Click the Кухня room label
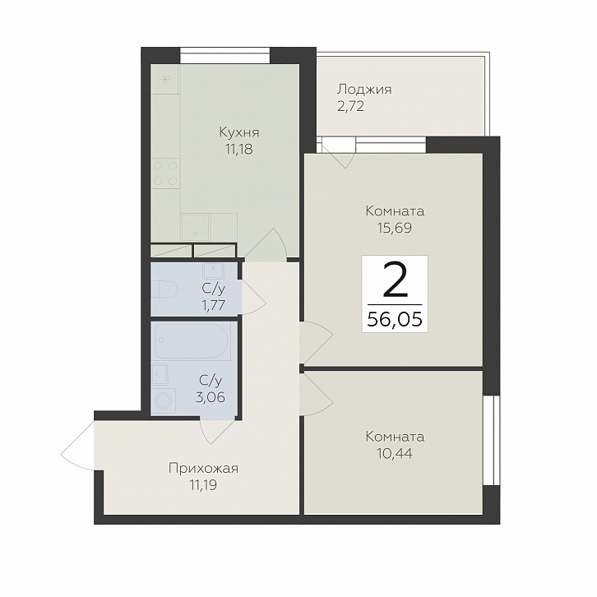click(x=239, y=132)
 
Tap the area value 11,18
click(x=238, y=150)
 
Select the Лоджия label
click(x=364, y=90)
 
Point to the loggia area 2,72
click(x=350, y=106)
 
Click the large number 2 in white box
click(x=395, y=280)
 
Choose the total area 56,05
click(x=395, y=319)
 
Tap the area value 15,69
click(x=395, y=228)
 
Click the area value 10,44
click(x=395, y=453)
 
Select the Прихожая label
click(x=203, y=469)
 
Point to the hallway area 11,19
click(x=203, y=485)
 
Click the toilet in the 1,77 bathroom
click(x=164, y=289)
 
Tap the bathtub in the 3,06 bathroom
click(x=192, y=341)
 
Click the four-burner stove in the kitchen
click(x=165, y=174)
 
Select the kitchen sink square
click(x=196, y=227)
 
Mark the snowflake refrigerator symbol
click(x=164, y=80)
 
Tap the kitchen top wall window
click(x=224, y=55)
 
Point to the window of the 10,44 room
click(x=491, y=440)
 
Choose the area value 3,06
click(x=211, y=397)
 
